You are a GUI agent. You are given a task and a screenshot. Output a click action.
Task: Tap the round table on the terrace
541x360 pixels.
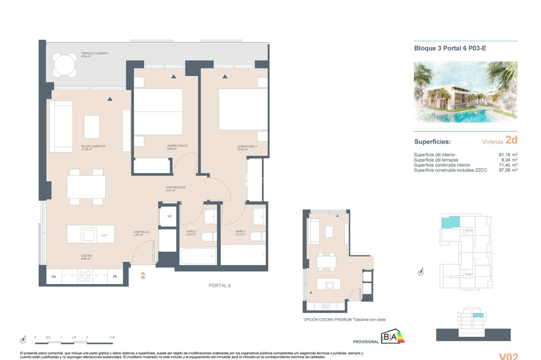point(65,65)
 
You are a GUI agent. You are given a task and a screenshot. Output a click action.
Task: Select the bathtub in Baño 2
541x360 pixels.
point(198,256)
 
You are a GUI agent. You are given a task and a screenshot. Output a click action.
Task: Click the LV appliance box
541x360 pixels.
point(169,216)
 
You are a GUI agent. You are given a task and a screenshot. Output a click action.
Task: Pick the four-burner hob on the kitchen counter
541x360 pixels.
point(85,276)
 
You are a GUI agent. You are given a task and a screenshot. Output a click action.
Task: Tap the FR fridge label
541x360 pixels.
point(115,277)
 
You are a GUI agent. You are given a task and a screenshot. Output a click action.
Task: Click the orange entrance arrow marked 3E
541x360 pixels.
point(143,273)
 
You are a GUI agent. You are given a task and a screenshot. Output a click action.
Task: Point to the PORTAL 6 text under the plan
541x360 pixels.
point(219,285)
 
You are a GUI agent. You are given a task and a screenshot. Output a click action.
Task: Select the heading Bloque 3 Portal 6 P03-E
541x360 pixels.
point(450,48)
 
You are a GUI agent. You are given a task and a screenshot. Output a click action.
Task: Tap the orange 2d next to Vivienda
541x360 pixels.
point(511,140)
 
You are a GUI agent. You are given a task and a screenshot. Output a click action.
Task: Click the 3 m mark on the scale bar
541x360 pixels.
point(112,337)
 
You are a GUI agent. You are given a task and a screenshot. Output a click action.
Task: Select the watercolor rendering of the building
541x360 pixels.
point(465,92)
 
